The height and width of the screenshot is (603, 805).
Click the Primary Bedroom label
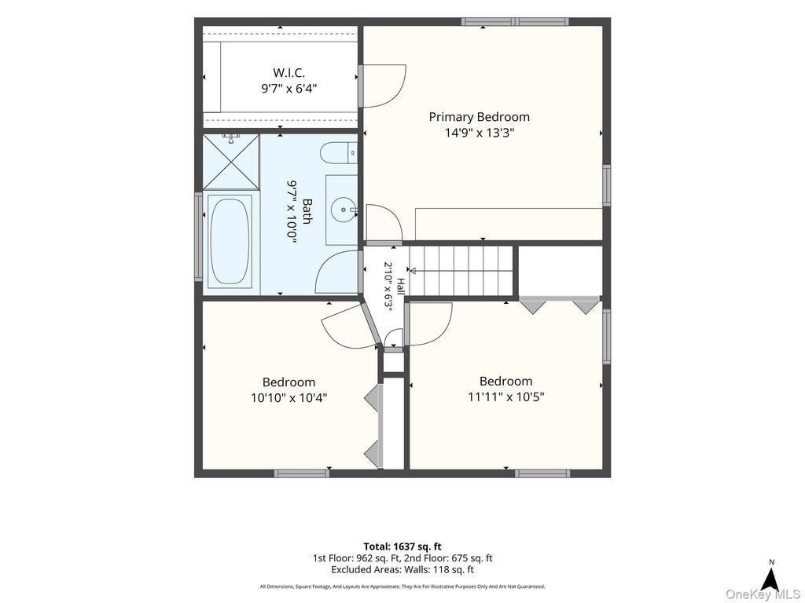click(479, 117)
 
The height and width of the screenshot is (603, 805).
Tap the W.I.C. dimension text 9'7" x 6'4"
click(289, 88)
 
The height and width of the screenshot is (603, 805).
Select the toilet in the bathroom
click(338, 152)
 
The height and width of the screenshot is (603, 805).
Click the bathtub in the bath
click(230, 241)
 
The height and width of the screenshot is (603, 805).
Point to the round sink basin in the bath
click(342, 209)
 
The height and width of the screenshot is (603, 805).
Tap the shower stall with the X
click(231, 162)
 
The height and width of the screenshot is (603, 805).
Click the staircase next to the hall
click(461, 271)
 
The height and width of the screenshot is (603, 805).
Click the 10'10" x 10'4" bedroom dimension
click(289, 397)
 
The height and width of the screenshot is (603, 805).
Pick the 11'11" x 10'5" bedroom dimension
click(505, 397)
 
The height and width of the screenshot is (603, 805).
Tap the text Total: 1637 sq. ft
click(402, 546)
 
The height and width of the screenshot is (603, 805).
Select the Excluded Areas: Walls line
click(402, 570)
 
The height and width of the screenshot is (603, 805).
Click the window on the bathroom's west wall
click(198, 236)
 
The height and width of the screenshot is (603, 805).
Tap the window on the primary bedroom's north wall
click(514, 21)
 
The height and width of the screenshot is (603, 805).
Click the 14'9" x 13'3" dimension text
click(479, 133)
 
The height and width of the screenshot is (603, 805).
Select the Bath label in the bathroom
click(307, 211)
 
